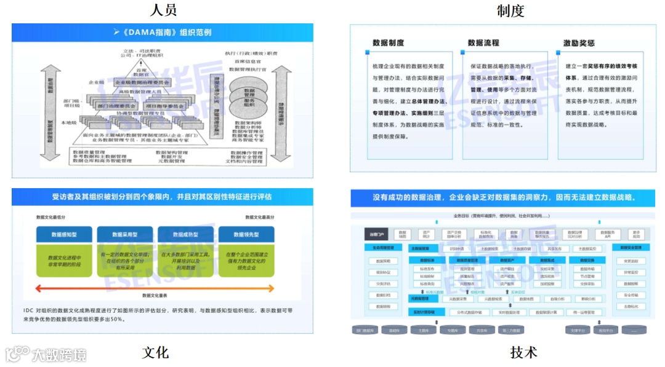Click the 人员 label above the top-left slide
[x=163, y=10]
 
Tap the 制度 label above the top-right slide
[x=510, y=10]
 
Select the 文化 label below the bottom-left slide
[x=155, y=352]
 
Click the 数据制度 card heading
[x=389, y=43]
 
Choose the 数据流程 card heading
[x=483, y=43]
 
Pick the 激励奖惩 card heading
[x=579, y=43]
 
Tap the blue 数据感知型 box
[x=64, y=234]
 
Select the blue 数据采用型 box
[x=124, y=234]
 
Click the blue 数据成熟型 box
[x=185, y=234]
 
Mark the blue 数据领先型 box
[x=246, y=234]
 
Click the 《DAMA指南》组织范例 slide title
[x=163, y=32]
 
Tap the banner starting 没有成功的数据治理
[x=503, y=198]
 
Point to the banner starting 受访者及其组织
[x=161, y=197]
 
